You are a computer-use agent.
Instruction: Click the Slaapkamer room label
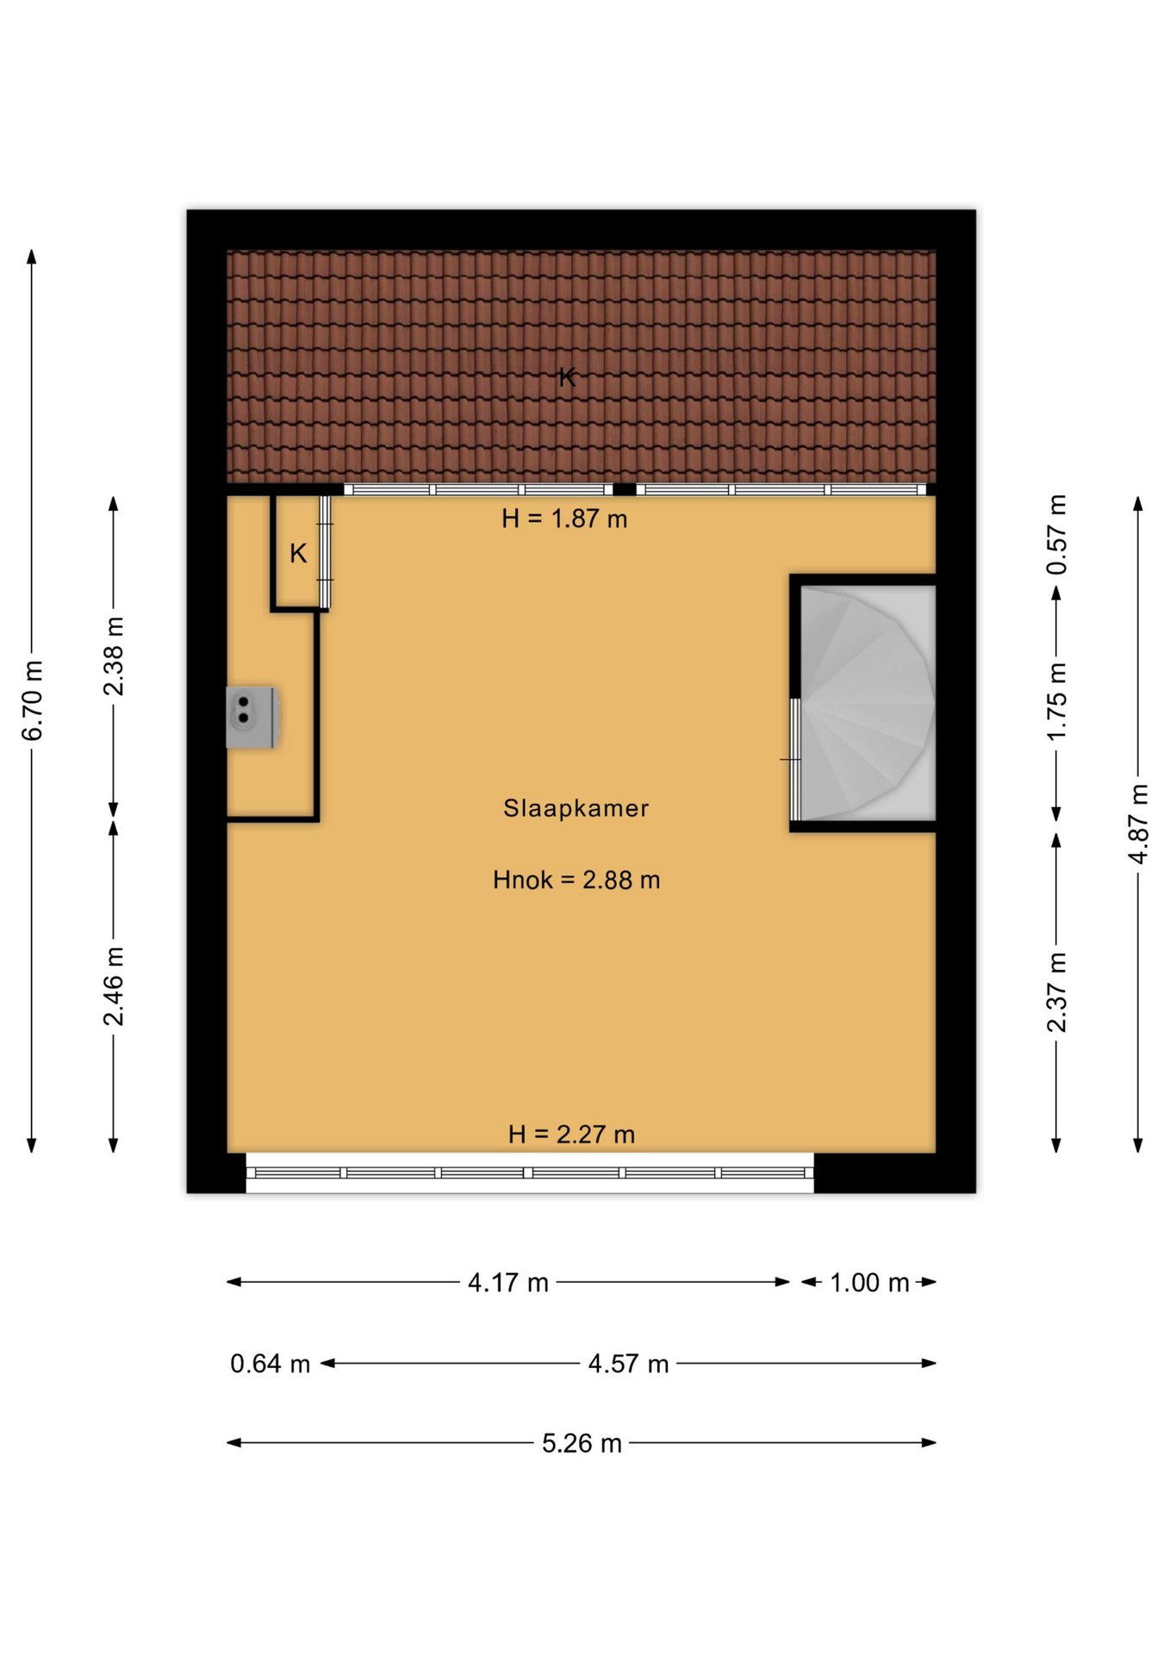[576, 808]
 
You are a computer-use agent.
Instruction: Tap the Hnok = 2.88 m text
[576, 880]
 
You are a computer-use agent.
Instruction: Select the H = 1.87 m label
[564, 519]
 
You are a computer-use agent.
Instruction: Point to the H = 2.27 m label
[571, 1134]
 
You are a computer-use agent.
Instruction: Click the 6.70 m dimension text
[33, 700]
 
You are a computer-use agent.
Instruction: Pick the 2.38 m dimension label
[114, 656]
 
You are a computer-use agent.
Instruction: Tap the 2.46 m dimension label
[114, 986]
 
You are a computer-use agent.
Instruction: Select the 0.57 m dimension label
[1057, 535]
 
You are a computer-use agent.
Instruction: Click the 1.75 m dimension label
[1057, 700]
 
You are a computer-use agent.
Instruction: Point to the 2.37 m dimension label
[1057, 992]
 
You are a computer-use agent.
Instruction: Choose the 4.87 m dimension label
[1138, 824]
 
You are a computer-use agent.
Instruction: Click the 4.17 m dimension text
[508, 1283]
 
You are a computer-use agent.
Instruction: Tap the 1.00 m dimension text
[869, 1283]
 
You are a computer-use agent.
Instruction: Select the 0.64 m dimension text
[270, 1364]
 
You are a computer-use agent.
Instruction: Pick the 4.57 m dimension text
[628, 1364]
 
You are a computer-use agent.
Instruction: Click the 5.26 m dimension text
[582, 1443]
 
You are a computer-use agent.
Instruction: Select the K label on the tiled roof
[567, 376]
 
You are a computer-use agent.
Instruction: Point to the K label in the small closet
[298, 553]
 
